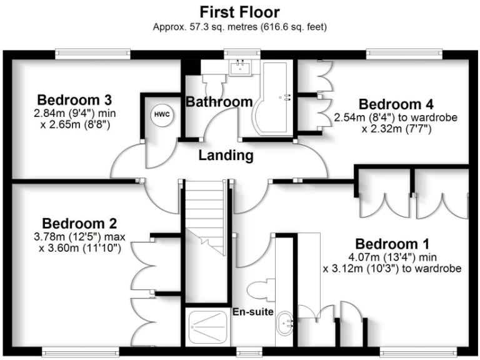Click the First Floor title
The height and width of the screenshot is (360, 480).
240,11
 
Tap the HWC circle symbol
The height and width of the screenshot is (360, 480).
161,116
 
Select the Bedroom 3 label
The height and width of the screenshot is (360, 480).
74,100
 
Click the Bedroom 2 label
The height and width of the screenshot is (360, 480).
79,223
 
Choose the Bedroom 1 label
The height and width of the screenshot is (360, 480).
391,244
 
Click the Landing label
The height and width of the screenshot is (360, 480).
226,156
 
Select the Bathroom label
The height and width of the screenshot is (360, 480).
219,101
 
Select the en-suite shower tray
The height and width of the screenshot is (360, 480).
208,325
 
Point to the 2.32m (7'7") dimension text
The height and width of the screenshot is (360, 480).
396,129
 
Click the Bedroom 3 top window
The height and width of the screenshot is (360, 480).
92,54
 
